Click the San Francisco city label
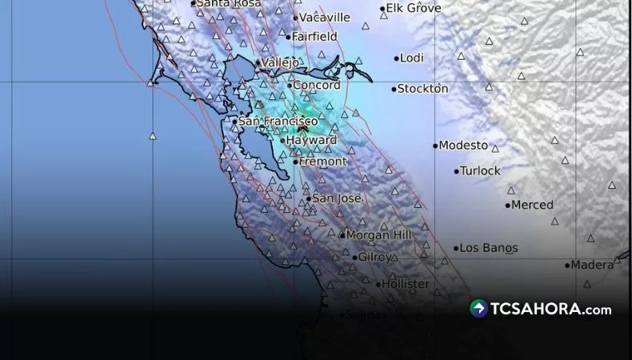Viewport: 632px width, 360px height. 273,122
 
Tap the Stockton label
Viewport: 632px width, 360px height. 423,89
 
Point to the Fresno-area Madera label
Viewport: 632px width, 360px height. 592,265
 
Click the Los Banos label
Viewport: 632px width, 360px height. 489,248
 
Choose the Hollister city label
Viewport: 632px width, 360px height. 406,284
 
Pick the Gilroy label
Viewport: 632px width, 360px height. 375,258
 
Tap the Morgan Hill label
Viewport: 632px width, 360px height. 379,235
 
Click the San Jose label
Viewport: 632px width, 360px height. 337,198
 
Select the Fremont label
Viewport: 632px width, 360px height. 323,162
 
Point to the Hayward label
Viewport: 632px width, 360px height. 311,140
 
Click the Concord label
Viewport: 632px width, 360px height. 317,85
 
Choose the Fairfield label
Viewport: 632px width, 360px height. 314,37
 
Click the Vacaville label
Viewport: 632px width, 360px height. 325,17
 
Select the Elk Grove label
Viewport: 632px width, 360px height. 414,9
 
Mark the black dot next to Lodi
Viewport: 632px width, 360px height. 396,58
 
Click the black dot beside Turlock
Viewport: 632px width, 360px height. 457,171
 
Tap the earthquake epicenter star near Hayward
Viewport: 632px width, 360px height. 302,127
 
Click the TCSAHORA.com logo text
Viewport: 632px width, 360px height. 551,310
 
